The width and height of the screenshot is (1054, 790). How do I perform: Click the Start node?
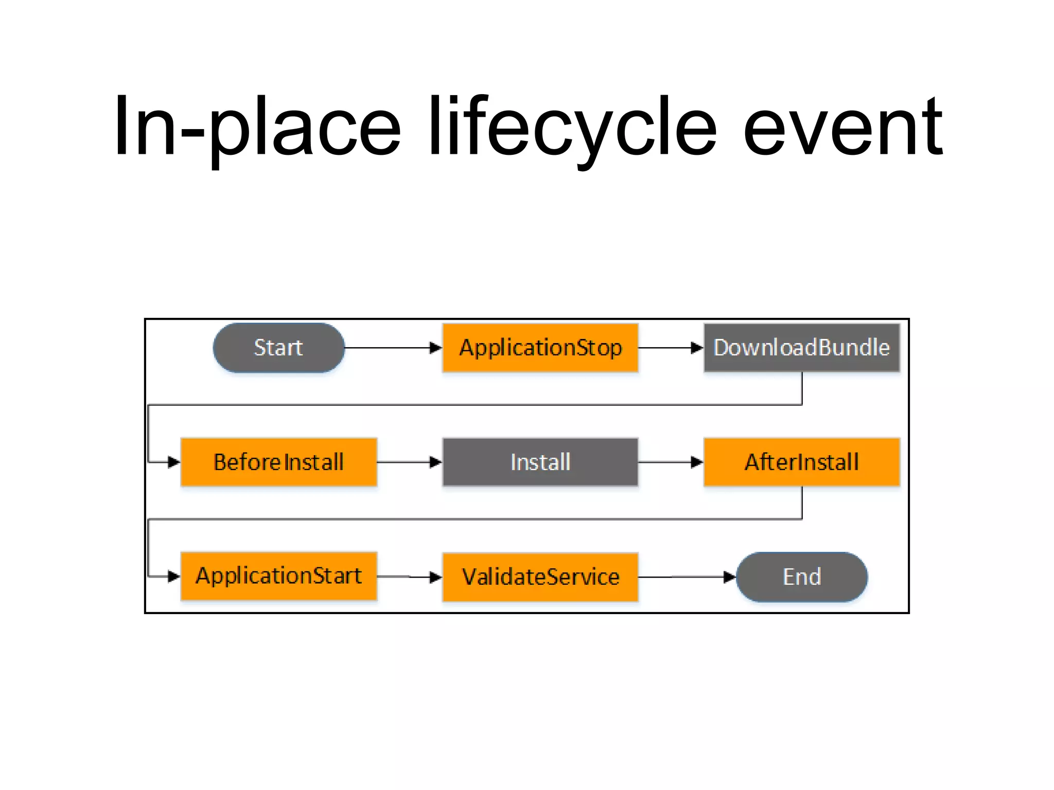(278, 348)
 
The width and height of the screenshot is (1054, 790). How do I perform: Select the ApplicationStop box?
(540, 348)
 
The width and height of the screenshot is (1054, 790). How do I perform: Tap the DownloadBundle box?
(801, 348)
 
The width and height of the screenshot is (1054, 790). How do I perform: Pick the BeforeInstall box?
(278, 462)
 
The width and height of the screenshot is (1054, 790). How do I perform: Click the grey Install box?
(540, 462)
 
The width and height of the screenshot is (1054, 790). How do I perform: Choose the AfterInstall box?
(801, 462)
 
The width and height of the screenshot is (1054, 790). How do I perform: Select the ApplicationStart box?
(278, 576)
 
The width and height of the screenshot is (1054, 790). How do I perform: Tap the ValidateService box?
(540, 577)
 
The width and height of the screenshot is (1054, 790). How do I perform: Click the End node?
(801, 577)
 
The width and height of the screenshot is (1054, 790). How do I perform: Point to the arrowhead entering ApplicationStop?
(436, 348)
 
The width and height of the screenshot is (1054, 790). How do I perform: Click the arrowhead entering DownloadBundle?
(697, 348)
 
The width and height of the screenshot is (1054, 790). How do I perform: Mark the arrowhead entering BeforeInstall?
(174, 462)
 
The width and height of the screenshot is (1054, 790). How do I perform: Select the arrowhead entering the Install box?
(436, 462)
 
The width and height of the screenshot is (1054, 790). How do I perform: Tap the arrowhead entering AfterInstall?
(697, 462)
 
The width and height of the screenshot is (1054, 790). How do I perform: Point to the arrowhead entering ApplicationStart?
(174, 577)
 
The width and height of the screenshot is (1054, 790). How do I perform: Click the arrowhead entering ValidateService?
(436, 577)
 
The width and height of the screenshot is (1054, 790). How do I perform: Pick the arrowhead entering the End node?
(730, 577)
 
